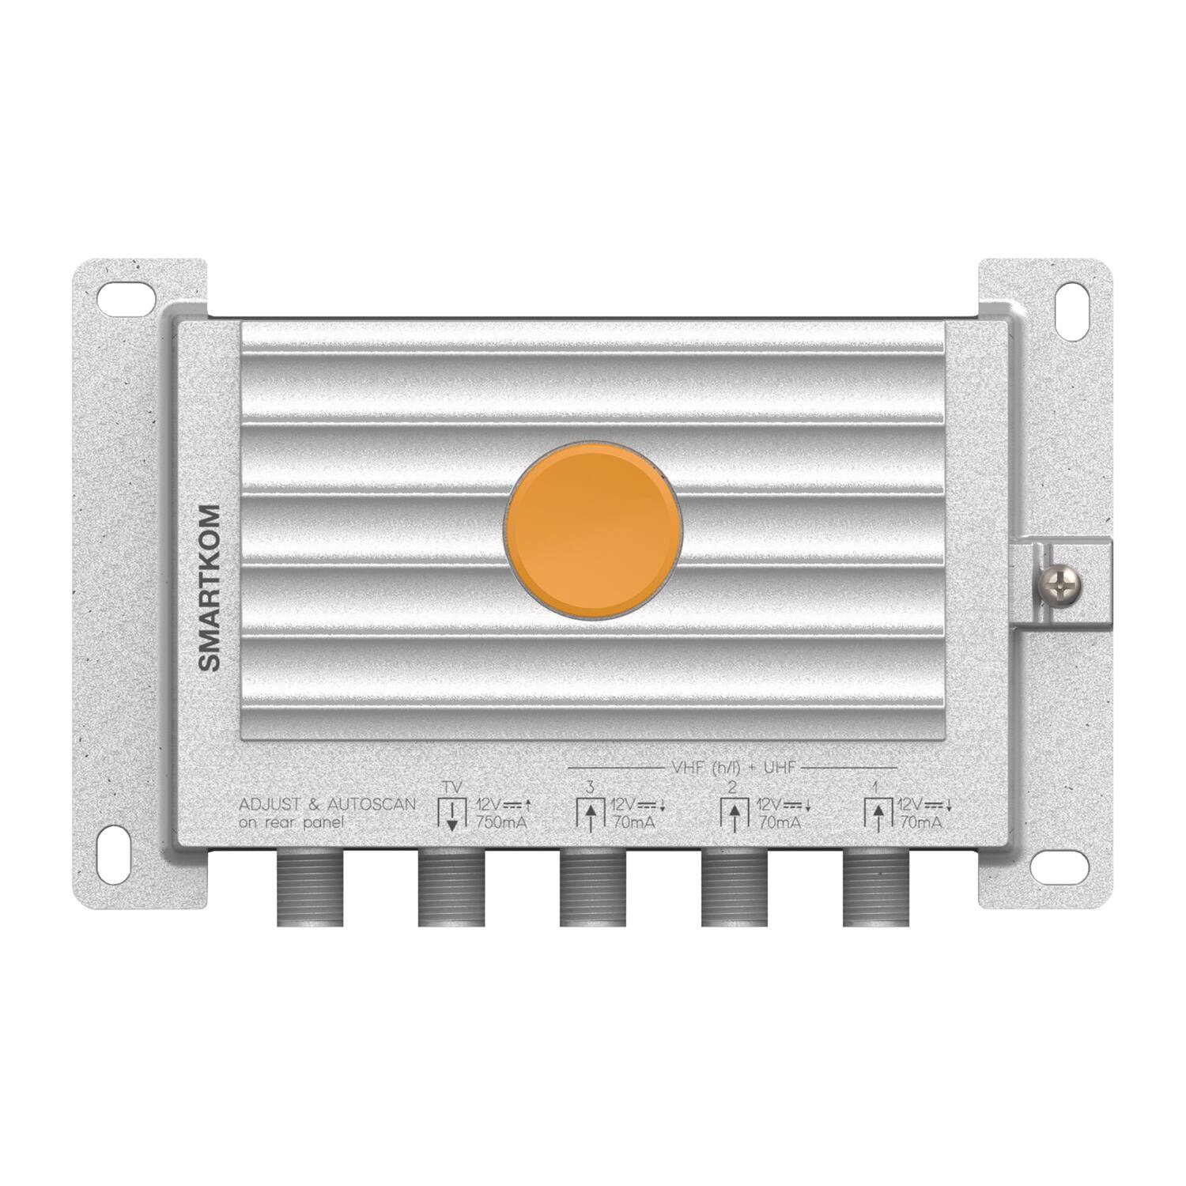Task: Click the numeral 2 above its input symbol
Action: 733,787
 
